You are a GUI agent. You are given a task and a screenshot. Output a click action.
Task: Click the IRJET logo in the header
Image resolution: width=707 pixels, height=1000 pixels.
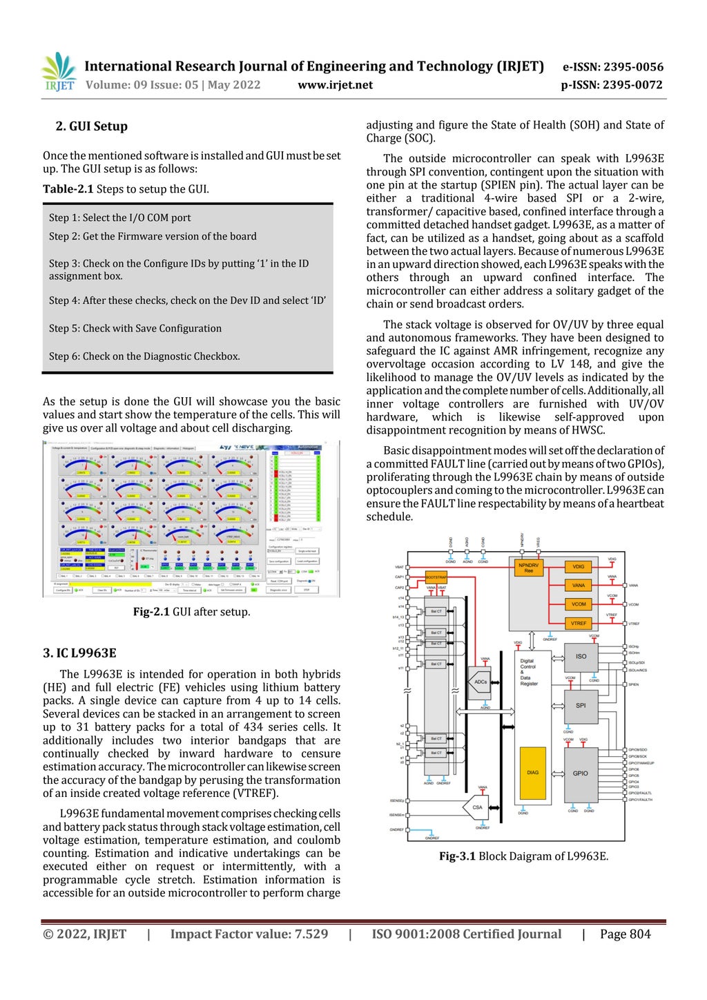click(59, 72)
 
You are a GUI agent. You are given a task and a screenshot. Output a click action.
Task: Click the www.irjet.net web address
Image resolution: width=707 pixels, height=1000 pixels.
click(335, 85)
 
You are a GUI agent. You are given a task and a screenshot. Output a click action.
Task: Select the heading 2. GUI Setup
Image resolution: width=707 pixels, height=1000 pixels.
click(92, 126)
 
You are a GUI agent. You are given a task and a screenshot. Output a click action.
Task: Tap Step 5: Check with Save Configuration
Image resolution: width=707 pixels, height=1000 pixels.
click(135, 329)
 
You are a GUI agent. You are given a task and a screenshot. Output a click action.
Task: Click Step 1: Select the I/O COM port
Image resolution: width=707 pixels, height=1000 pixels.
click(120, 218)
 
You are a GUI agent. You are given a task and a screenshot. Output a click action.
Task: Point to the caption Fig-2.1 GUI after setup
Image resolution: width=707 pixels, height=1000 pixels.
click(191, 612)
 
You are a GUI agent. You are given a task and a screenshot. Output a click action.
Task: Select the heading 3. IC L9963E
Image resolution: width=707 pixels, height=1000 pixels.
click(79, 653)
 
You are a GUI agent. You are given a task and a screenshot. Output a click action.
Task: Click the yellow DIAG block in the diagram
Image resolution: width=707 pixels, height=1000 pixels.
click(532, 773)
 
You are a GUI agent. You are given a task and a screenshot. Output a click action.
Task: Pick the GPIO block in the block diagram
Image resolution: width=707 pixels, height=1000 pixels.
click(580, 773)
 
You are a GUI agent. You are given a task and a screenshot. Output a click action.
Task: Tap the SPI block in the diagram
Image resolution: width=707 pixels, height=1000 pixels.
click(580, 706)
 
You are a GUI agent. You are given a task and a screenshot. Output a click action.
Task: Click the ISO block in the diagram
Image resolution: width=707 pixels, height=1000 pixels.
click(581, 657)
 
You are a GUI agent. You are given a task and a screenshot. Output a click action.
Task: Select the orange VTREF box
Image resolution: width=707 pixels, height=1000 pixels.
click(579, 623)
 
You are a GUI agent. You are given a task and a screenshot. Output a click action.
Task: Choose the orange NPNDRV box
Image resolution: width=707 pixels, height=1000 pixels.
click(529, 568)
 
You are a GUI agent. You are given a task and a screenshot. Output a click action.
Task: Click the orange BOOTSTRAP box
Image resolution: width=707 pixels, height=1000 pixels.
click(436, 577)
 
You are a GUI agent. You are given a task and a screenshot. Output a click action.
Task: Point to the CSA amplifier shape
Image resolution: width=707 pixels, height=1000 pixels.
click(476, 807)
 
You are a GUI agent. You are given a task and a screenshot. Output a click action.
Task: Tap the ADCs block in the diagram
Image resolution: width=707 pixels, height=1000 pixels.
click(480, 682)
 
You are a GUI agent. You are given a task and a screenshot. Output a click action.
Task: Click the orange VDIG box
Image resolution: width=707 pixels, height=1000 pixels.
click(579, 567)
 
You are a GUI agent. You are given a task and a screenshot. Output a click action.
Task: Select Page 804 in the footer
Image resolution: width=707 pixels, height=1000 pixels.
click(625, 934)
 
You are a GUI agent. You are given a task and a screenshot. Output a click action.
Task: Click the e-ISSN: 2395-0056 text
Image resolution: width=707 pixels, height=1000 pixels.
click(612, 67)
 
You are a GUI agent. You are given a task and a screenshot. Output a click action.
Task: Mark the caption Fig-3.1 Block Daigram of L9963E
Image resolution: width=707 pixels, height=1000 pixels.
click(523, 856)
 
